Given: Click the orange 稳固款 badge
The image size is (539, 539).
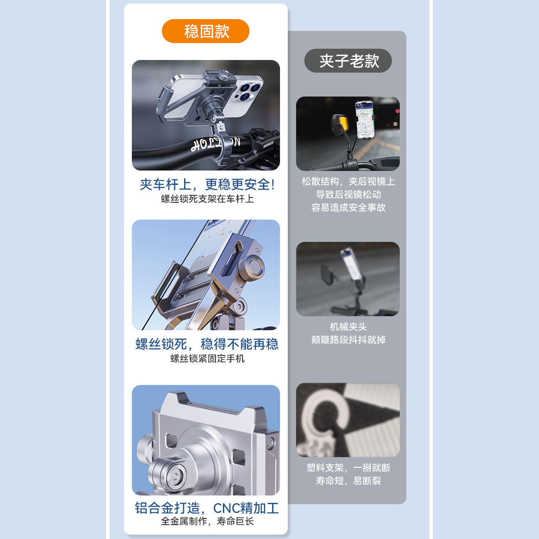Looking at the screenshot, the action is (206, 31).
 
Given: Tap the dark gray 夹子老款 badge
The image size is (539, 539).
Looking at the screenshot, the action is (348, 61).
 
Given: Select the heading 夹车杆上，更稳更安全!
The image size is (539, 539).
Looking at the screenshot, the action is (207, 185).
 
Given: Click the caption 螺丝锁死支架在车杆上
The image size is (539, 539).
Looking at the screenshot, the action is (207, 199).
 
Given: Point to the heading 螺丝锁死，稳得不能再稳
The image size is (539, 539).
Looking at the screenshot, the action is (207, 344).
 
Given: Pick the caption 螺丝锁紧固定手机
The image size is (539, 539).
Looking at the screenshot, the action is (207, 358).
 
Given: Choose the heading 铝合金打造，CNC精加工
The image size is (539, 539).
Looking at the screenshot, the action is (207, 508).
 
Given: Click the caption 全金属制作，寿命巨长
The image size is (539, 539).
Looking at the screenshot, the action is (207, 521).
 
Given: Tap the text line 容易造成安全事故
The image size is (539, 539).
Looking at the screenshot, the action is (348, 208).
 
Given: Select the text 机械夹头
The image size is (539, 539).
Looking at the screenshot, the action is (348, 327).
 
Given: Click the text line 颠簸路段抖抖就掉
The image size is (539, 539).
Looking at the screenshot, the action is (348, 340).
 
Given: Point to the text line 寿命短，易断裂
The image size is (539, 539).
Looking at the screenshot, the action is (348, 481).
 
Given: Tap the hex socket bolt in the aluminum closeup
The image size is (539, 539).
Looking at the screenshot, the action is (175, 475).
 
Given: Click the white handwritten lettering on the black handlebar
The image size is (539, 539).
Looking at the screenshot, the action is (214, 143).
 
